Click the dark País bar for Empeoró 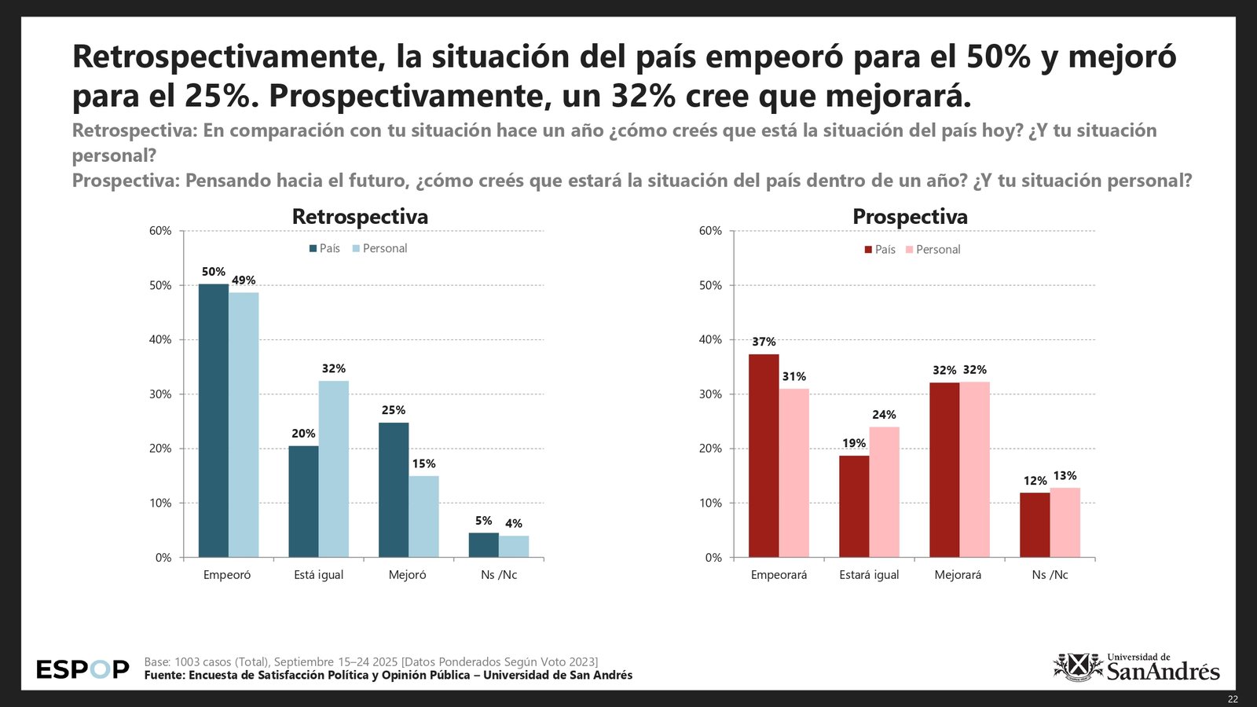(x=213, y=420)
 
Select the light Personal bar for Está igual (x=334, y=469)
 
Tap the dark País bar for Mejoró (x=394, y=490)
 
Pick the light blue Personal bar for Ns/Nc (x=514, y=547)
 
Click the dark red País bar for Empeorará (x=764, y=456)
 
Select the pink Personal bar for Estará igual (x=884, y=493)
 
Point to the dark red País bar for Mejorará (x=944, y=470)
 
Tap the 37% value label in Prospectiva (x=764, y=342)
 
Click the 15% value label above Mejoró (x=424, y=463)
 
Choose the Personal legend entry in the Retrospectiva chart (x=379, y=248)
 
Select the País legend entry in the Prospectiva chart (x=880, y=249)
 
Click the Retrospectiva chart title (x=360, y=216)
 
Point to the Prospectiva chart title (x=910, y=216)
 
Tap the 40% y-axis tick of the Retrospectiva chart (x=160, y=339)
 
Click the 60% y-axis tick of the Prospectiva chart (x=710, y=231)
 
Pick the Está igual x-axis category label (x=318, y=574)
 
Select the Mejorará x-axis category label (x=958, y=574)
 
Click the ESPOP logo (x=82, y=669)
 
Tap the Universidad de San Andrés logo (x=1136, y=669)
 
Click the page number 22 (x=1233, y=699)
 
